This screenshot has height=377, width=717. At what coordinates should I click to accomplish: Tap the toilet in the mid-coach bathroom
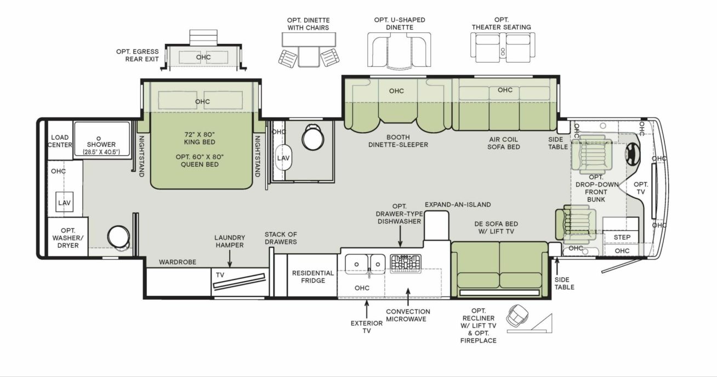312,136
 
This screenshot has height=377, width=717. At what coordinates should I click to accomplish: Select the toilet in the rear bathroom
119,237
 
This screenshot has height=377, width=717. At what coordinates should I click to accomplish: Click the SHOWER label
101,144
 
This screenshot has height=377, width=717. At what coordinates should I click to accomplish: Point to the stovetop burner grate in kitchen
406,264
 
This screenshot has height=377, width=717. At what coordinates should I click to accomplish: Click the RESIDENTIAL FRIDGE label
312,277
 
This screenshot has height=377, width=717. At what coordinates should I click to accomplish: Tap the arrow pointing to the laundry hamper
230,259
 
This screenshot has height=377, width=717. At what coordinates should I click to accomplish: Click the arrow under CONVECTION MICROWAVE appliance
408,297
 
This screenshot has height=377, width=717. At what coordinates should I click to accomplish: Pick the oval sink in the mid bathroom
283,157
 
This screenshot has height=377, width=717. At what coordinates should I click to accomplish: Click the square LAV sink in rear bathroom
64,202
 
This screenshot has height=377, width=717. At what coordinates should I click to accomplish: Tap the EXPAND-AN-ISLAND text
458,204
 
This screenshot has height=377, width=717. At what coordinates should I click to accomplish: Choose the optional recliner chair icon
517,315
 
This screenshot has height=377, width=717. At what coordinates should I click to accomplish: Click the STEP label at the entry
622,237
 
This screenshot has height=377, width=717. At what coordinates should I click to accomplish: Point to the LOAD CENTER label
60,141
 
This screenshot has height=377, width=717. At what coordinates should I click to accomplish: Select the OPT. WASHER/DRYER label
68,238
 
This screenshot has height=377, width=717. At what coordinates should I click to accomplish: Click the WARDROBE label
178,262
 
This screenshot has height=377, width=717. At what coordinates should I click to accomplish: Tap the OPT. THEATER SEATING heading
501,24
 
